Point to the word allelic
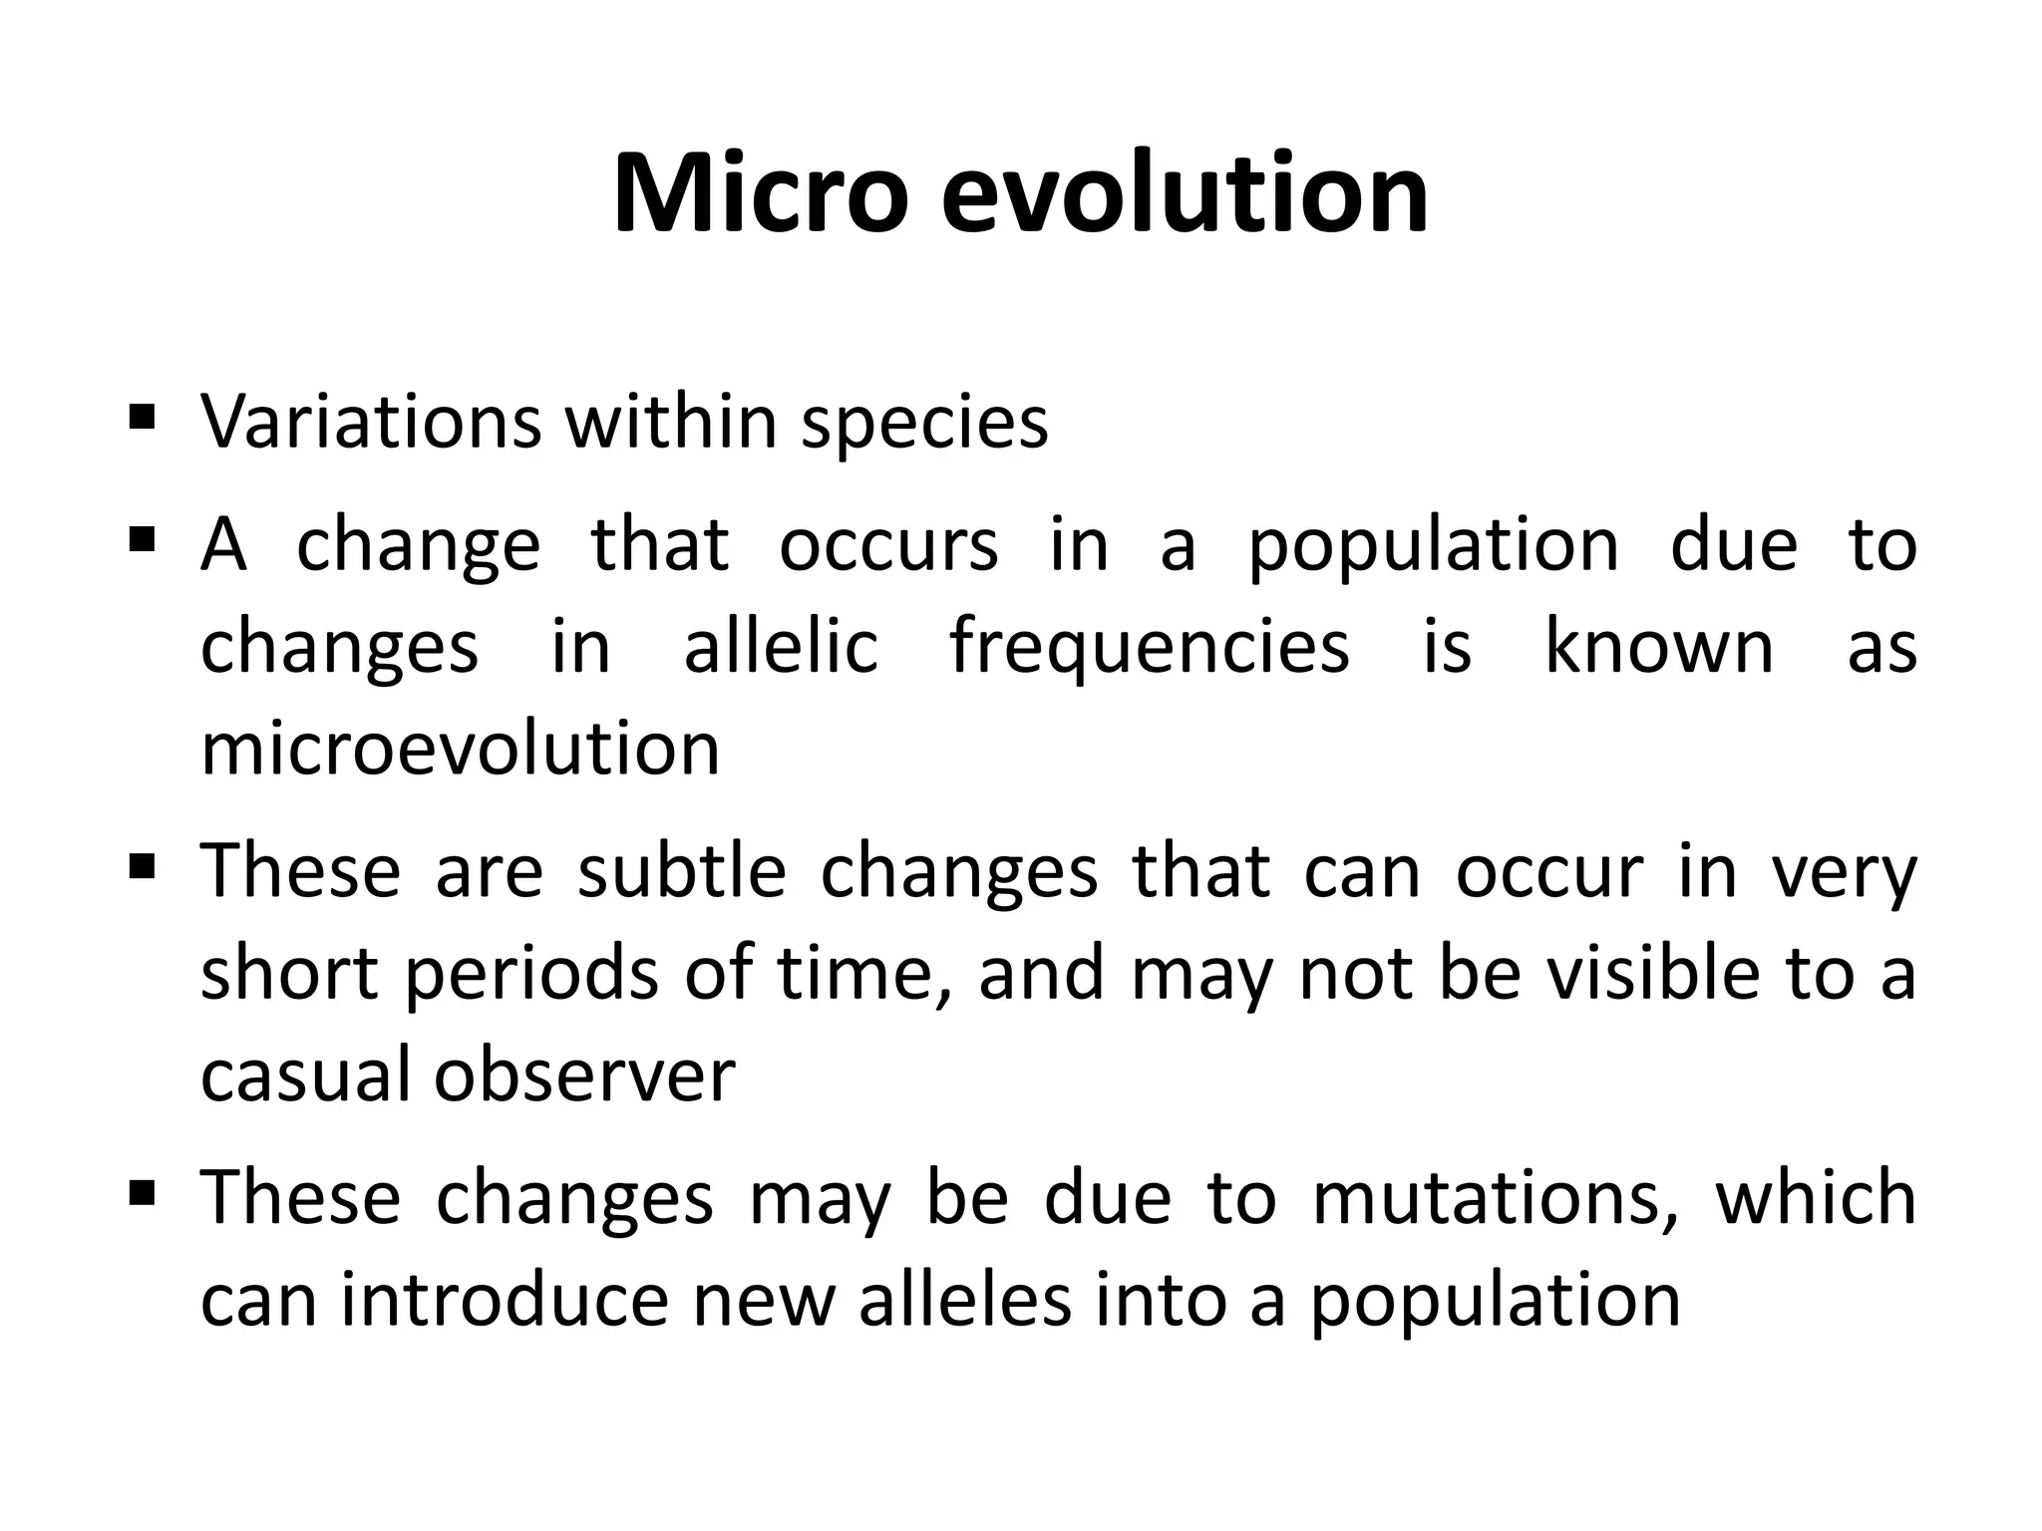click(x=781, y=647)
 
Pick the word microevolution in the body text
click(x=460, y=750)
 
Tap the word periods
click(x=530, y=976)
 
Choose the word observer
click(x=584, y=1075)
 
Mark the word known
click(x=1659, y=647)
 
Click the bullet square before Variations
click(x=142, y=415)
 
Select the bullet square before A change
click(x=142, y=539)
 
